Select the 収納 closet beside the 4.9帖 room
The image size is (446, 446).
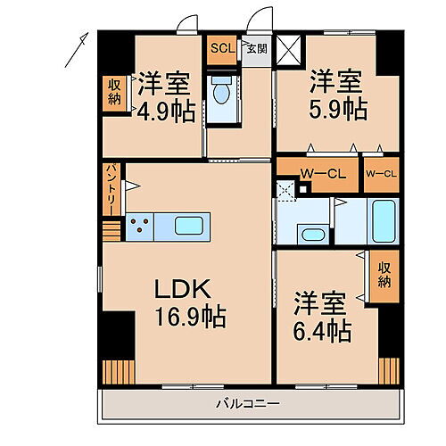click(114, 92)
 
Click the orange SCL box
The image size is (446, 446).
click(221, 50)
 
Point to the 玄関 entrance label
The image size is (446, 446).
click(256, 50)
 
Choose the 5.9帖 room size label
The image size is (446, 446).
click(337, 108)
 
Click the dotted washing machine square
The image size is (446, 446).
click(285, 188)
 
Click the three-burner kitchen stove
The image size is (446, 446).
click(140, 227)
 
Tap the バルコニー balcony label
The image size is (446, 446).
click(249, 403)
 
